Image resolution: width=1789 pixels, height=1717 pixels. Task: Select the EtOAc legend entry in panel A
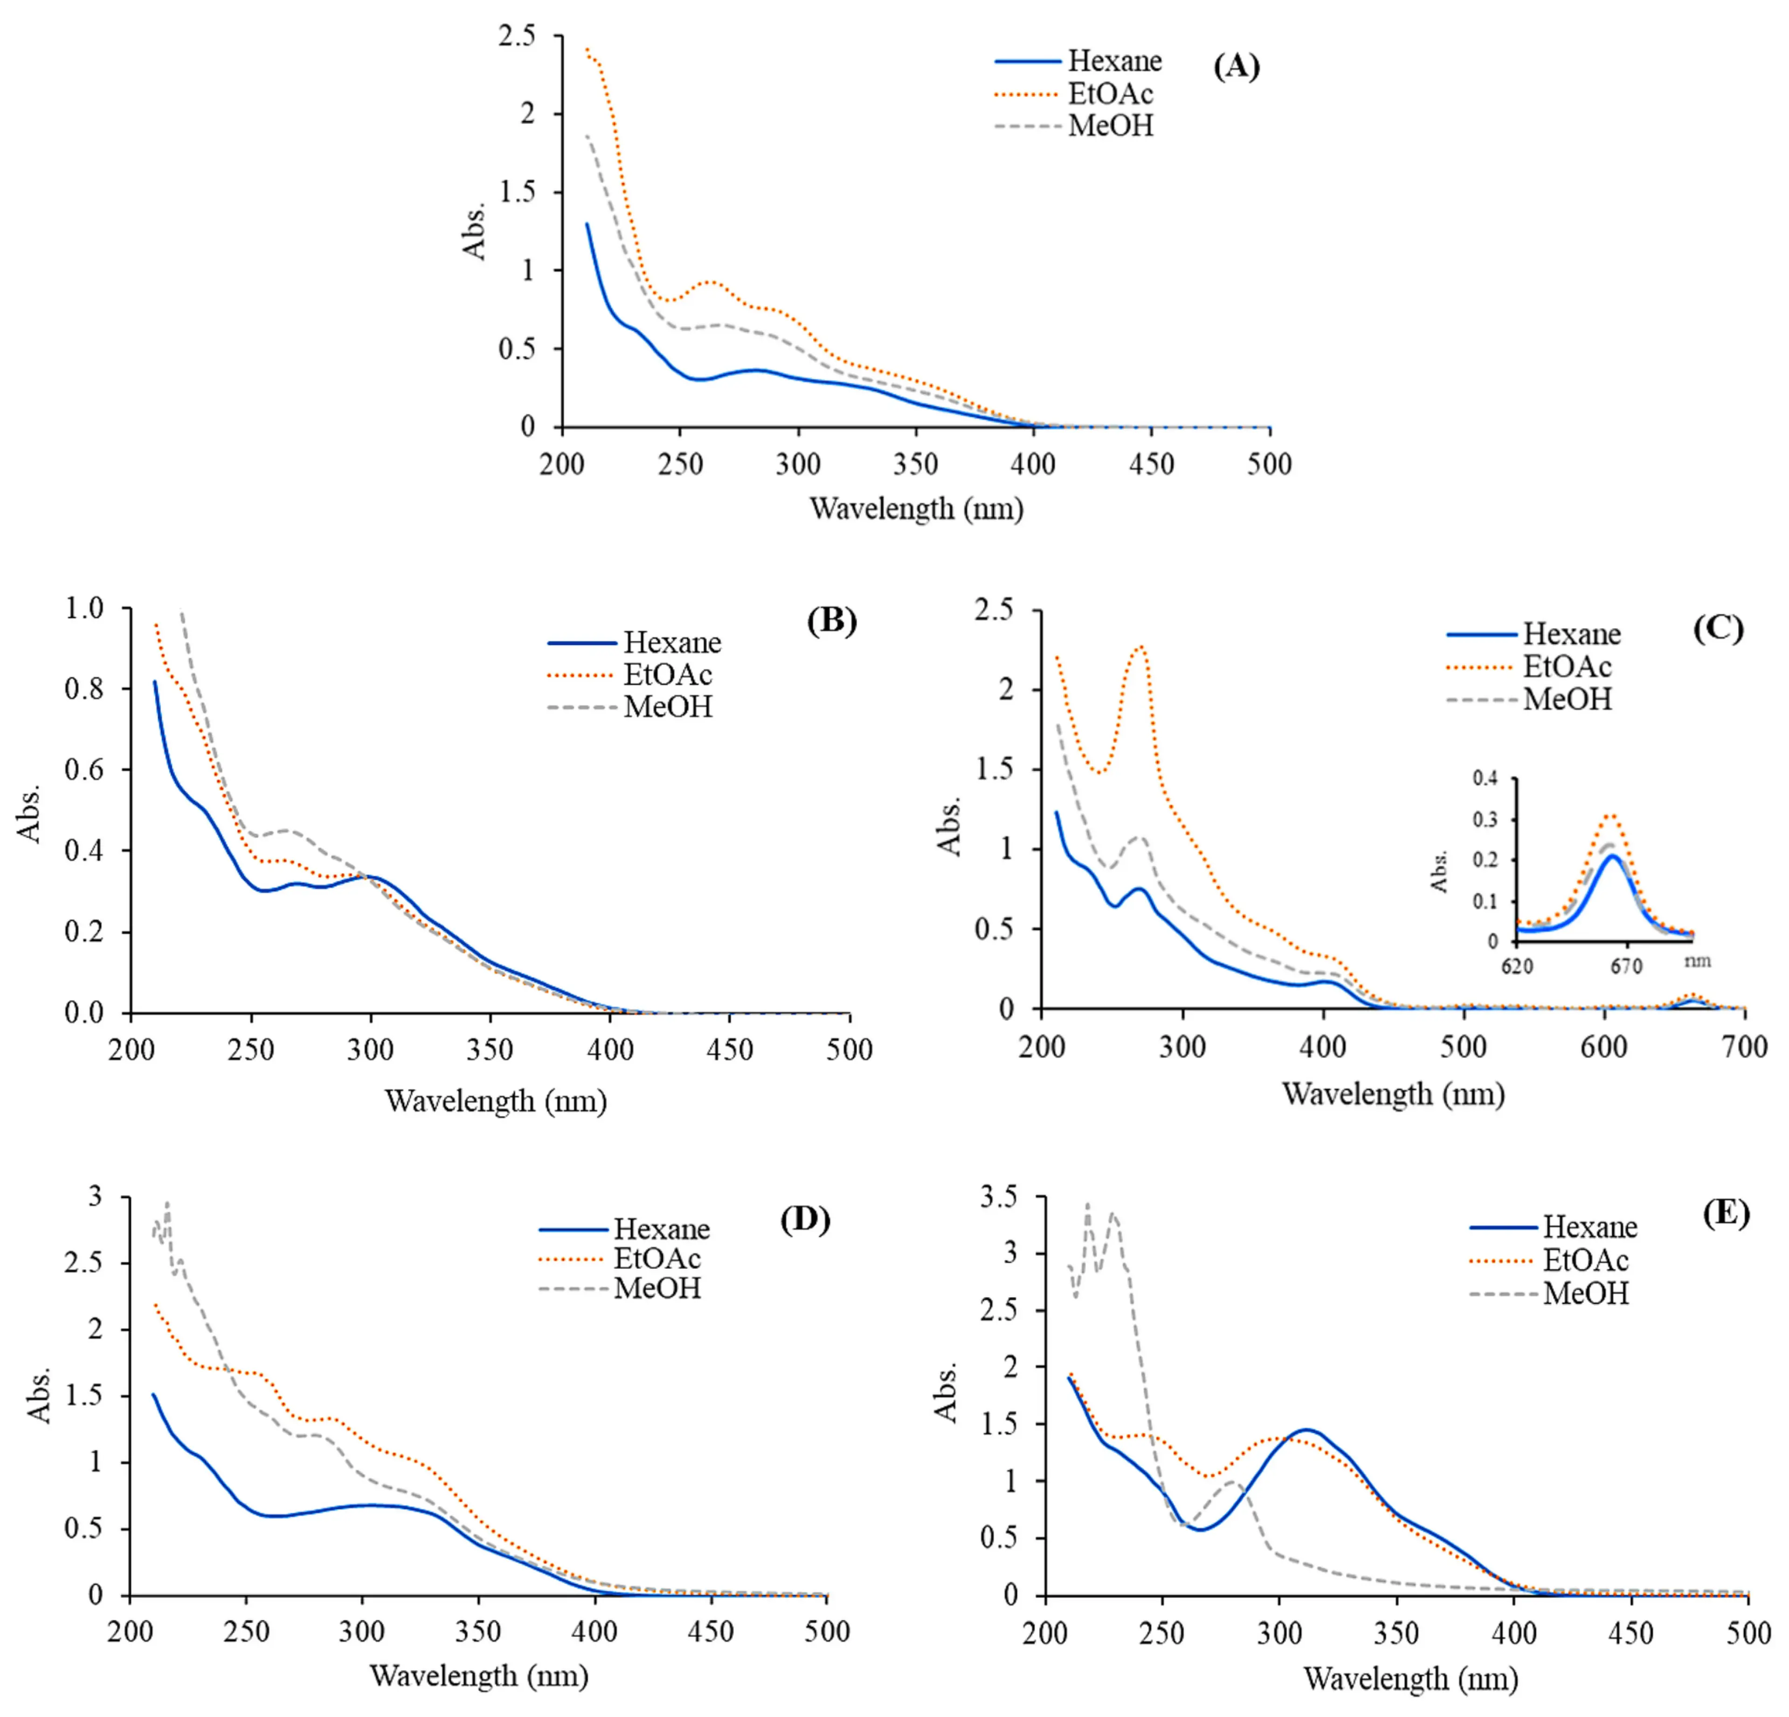pos(1110,93)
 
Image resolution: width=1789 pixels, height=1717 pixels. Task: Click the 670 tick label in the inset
pos(1626,966)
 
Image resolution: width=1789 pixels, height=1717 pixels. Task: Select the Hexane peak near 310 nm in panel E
pos(1306,1429)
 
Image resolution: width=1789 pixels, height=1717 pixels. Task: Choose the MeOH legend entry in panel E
pos(1585,1293)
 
